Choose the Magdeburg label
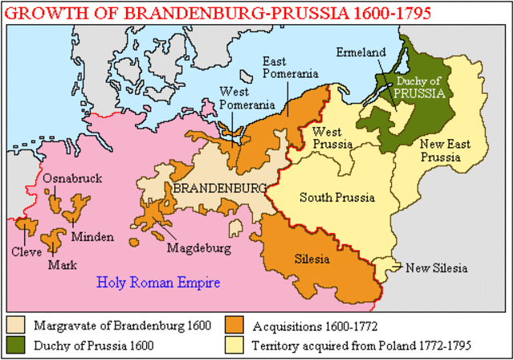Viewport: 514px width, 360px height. [198, 247]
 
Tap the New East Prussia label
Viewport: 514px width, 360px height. [439, 151]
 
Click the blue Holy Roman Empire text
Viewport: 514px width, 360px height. [158, 283]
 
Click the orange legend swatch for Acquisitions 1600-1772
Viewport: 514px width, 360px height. [236, 325]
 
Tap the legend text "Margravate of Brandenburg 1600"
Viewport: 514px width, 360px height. [122, 325]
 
